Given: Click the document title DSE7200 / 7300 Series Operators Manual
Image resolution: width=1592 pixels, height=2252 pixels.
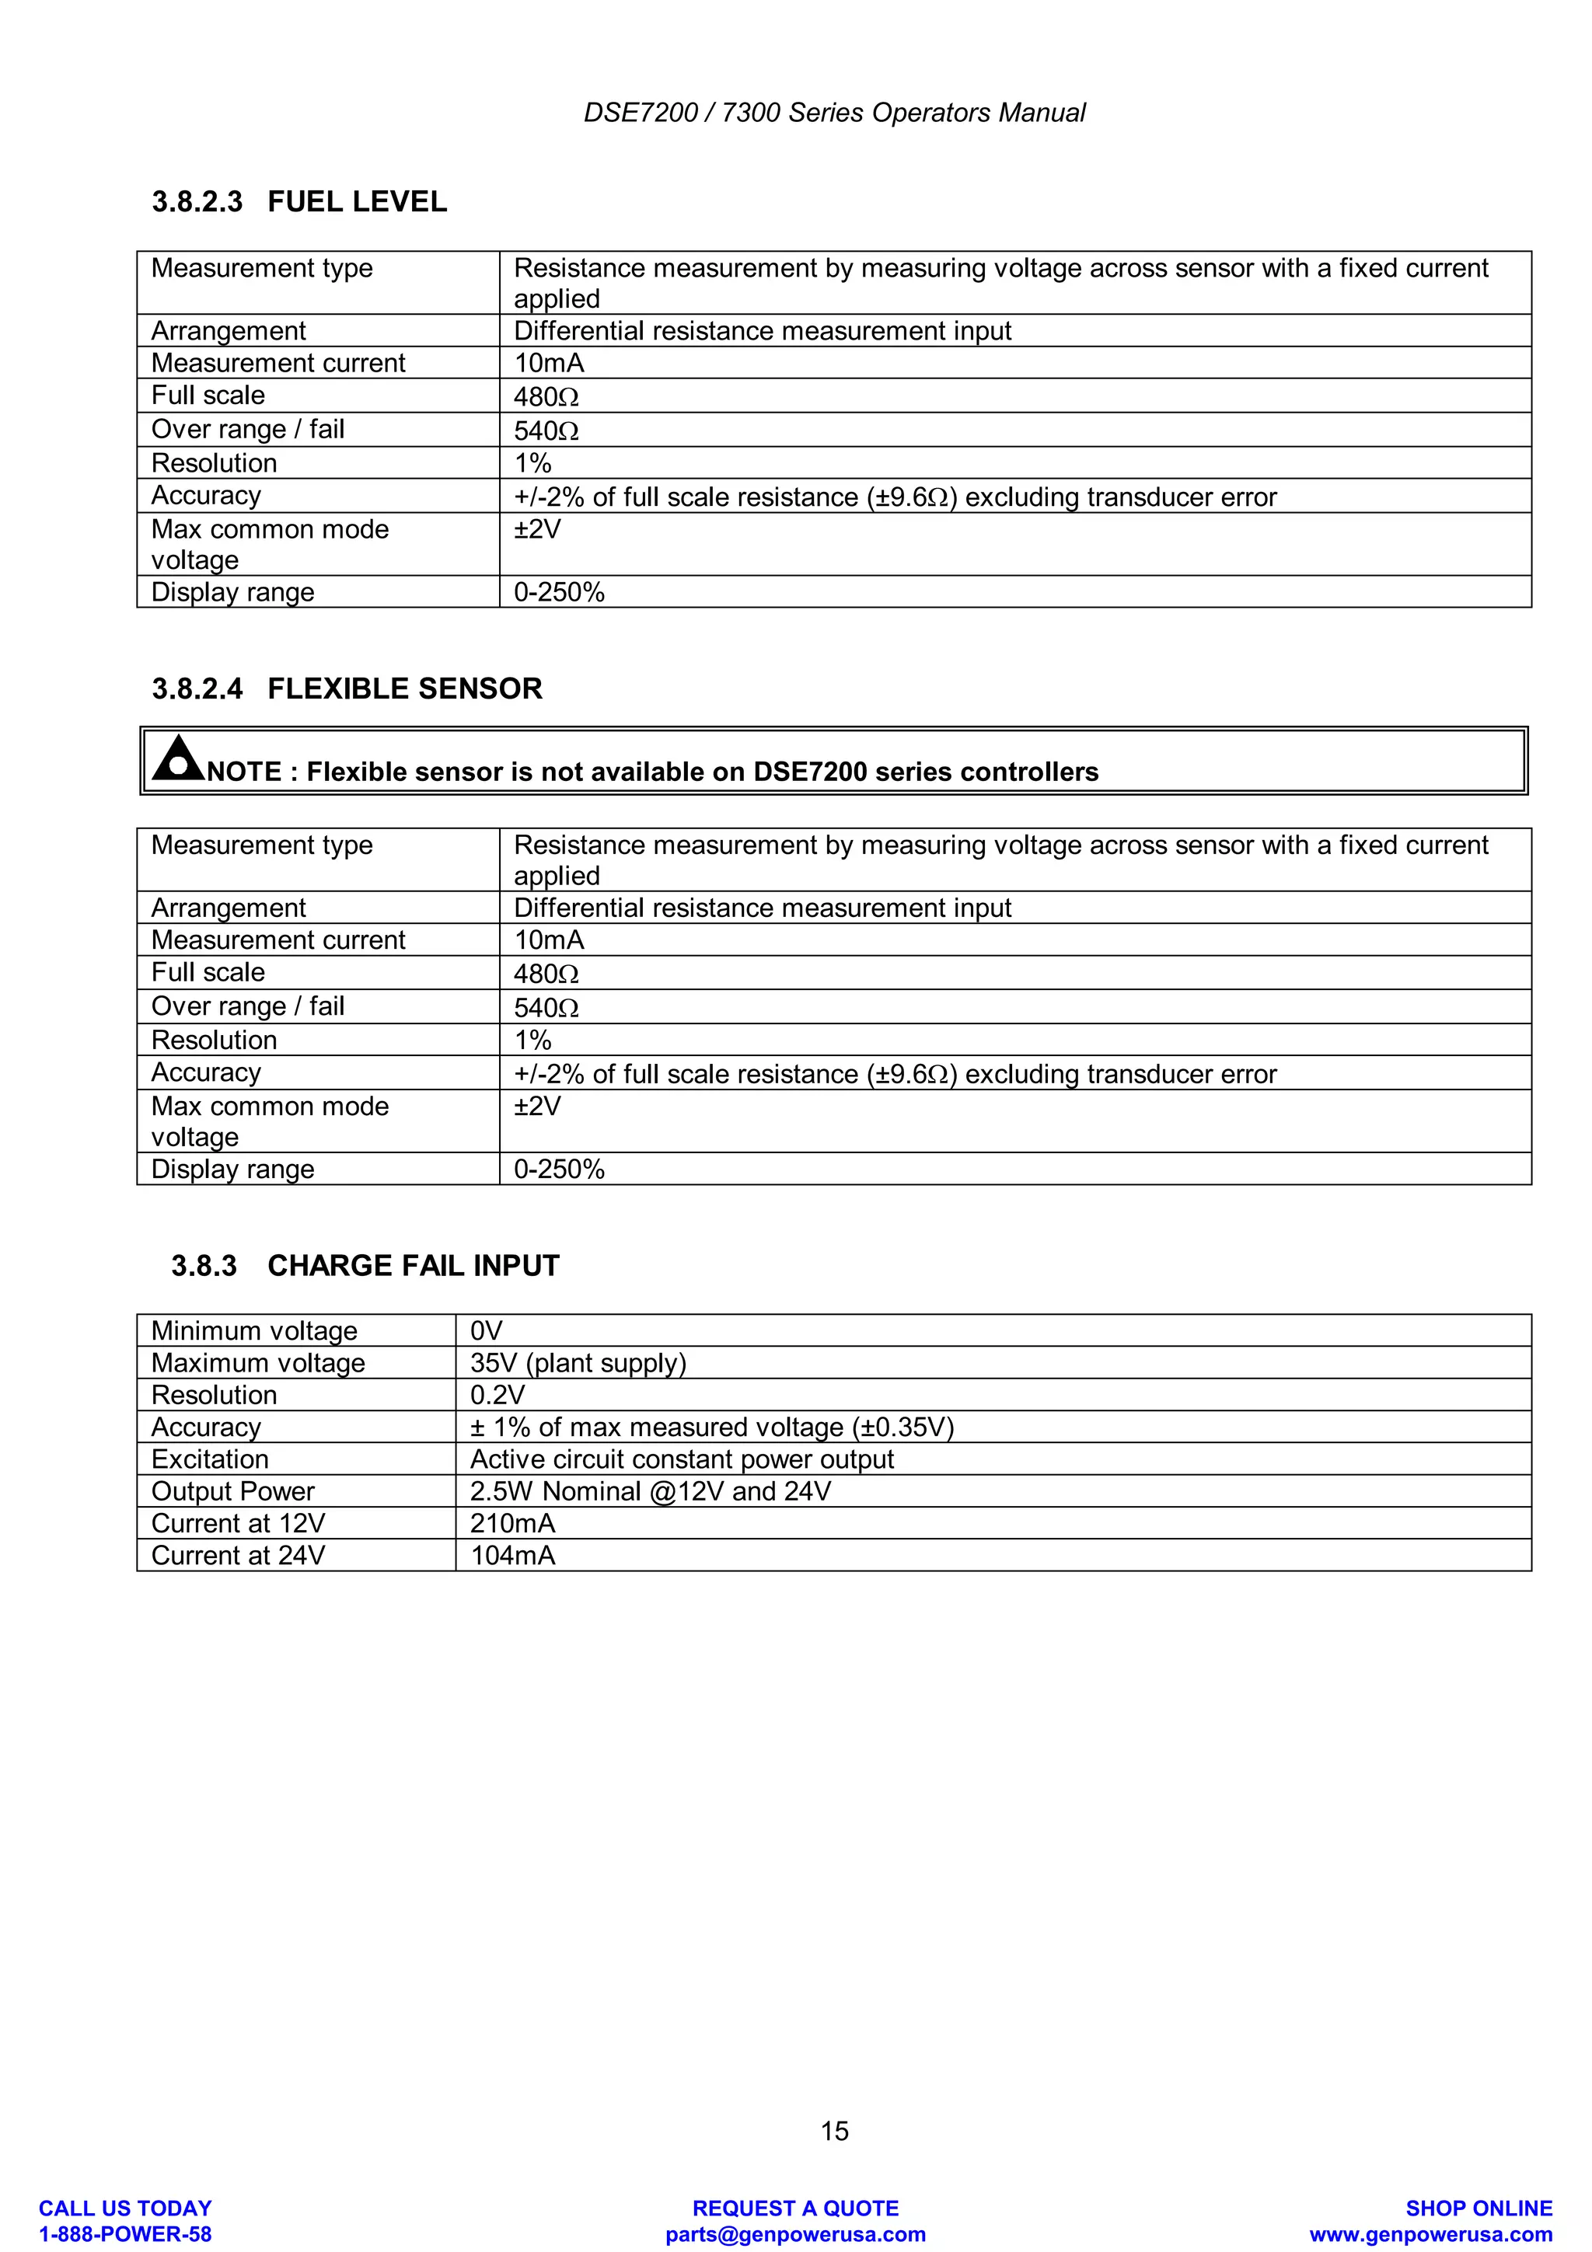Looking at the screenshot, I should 834,113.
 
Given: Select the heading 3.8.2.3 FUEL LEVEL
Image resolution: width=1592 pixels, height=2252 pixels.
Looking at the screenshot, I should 299,202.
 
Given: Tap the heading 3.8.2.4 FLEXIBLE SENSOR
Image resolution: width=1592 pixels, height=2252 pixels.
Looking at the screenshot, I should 346,688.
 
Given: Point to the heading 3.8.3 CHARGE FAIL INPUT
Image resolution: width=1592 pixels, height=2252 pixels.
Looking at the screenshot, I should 365,1265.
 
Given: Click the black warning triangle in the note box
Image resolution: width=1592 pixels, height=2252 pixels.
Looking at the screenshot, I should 177,758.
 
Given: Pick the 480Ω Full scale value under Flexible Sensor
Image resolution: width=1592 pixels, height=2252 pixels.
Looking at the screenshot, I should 546,973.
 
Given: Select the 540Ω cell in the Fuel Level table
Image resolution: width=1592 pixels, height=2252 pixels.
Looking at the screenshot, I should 546,431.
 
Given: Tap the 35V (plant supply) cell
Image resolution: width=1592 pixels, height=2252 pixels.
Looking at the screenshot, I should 578,1362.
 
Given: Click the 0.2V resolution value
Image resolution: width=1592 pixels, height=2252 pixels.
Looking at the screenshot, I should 497,1395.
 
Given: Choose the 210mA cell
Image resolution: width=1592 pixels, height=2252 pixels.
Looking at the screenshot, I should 512,1523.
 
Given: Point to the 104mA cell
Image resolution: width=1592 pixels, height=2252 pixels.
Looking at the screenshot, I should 512,1556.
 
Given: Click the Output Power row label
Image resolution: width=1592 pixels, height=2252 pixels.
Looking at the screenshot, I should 232,1491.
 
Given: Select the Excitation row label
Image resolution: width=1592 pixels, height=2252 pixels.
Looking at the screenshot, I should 210,1459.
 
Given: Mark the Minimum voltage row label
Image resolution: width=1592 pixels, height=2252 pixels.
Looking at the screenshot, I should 254,1331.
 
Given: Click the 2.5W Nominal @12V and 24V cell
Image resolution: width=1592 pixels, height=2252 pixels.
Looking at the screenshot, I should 649,1491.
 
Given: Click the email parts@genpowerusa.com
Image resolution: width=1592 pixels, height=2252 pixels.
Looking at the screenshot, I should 795,2234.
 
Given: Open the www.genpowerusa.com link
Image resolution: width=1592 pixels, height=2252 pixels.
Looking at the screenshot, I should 1430,2234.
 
